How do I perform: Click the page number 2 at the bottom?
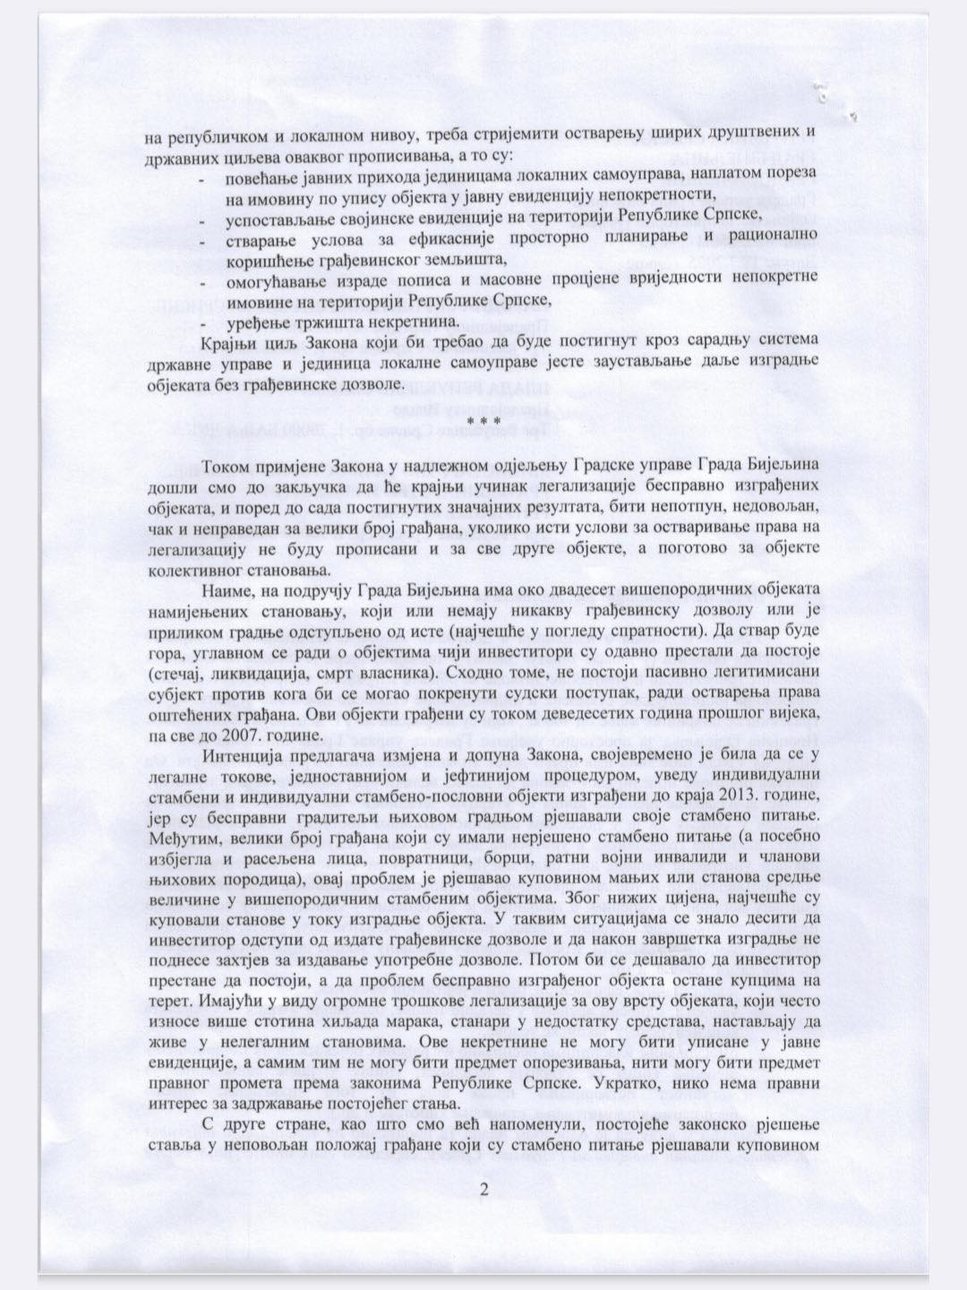(x=483, y=1190)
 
